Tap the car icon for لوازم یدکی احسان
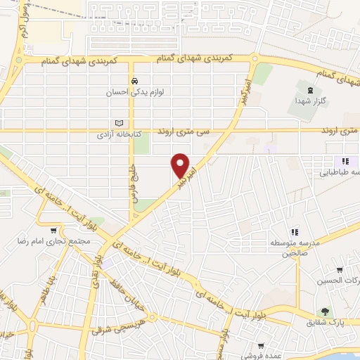click(132, 80)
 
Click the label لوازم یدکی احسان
click(132, 91)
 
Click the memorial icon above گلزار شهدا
click(310, 89)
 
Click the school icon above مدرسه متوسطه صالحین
click(295, 231)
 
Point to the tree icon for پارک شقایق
click(325, 311)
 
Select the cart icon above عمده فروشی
click(261, 345)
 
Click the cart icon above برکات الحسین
click(340, 270)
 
